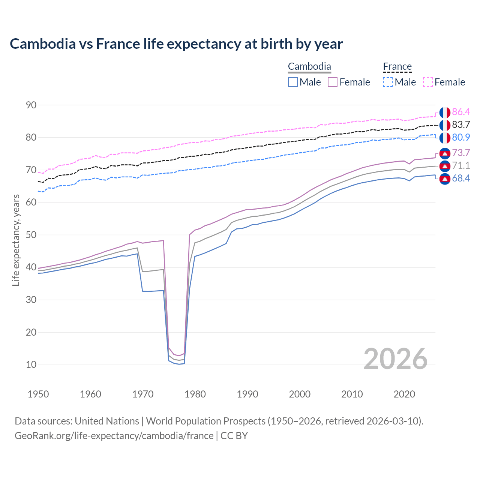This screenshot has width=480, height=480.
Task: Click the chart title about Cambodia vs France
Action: point(176,44)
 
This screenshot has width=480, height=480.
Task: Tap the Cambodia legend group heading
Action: point(309,67)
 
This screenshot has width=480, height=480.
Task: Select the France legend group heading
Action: point(397,67)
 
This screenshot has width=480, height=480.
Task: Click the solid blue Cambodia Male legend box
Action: point(293,82)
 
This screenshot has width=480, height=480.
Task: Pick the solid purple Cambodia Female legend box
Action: point(333,82)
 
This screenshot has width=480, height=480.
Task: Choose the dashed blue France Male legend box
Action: point(388,82)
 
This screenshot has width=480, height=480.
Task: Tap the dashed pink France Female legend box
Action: point(428,82)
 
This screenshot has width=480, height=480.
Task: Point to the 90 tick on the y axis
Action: point(31,105)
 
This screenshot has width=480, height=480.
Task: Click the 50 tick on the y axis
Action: point(31,235)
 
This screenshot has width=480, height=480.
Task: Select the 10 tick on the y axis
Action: point(31,364)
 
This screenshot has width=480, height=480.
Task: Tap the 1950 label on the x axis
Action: point(38,394)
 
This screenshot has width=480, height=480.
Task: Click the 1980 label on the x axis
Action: point(195,394)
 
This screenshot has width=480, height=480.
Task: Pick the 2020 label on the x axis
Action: point(404,394)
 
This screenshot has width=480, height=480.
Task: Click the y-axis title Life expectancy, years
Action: point(16,240)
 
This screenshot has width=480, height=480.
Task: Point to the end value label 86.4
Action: point(461,112)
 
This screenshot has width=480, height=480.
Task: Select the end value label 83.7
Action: point(461,124)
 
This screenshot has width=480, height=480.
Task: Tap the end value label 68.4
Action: point(461,178)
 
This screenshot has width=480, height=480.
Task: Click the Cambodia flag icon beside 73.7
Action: point(445,153)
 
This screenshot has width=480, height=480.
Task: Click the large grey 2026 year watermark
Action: point(396,359)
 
